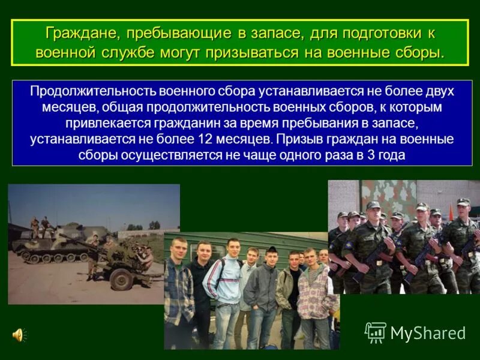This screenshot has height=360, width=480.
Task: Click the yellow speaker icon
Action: (x=18, y=334)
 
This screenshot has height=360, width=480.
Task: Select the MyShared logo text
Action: (x=427, y=333)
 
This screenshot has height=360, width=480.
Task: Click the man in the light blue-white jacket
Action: (x=223, y=282)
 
